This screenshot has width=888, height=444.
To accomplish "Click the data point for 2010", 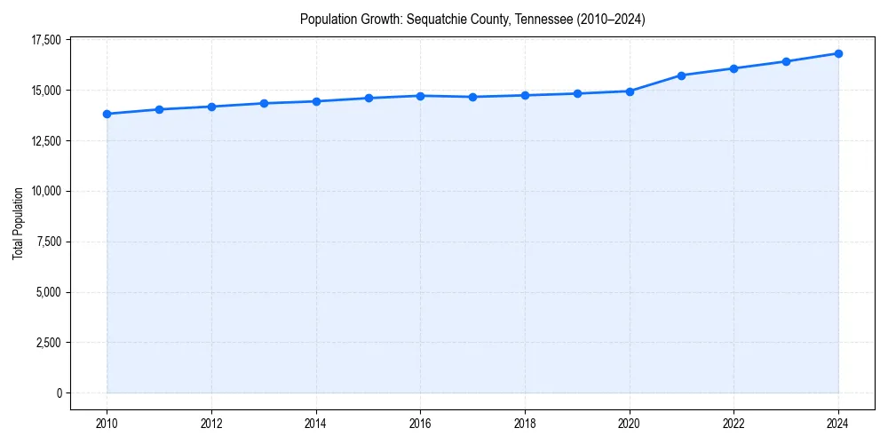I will [x=107, y=114].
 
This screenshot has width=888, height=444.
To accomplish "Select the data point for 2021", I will [x=681, y=75].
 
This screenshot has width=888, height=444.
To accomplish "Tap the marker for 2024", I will [x=838, y=53].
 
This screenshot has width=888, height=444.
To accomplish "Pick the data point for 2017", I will [x=472, y=97].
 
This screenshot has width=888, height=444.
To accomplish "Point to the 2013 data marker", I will [x=264, y=103].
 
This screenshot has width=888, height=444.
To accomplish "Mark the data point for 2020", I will [x=630, y=91].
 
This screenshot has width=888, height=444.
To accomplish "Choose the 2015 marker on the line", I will [x=369, y=98].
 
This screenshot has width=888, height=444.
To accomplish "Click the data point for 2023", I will [x=786, y=61].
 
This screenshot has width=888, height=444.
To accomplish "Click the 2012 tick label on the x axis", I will [x=211, y=424].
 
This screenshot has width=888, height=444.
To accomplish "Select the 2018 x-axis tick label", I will [x=525, y=424].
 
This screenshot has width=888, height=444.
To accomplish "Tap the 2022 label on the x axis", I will [x=733, y=424].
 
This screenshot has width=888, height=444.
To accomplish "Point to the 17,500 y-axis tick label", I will [x=44, y=40].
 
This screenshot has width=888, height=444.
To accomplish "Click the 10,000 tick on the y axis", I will [x=44, y=191].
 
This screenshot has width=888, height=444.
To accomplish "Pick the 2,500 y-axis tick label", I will [x=47, y=343].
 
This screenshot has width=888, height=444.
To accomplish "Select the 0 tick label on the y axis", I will [x=59, y=392].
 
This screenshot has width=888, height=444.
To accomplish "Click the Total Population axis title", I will [x=18, y=223].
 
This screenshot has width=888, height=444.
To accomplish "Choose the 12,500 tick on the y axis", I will [x=44, y=141].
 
